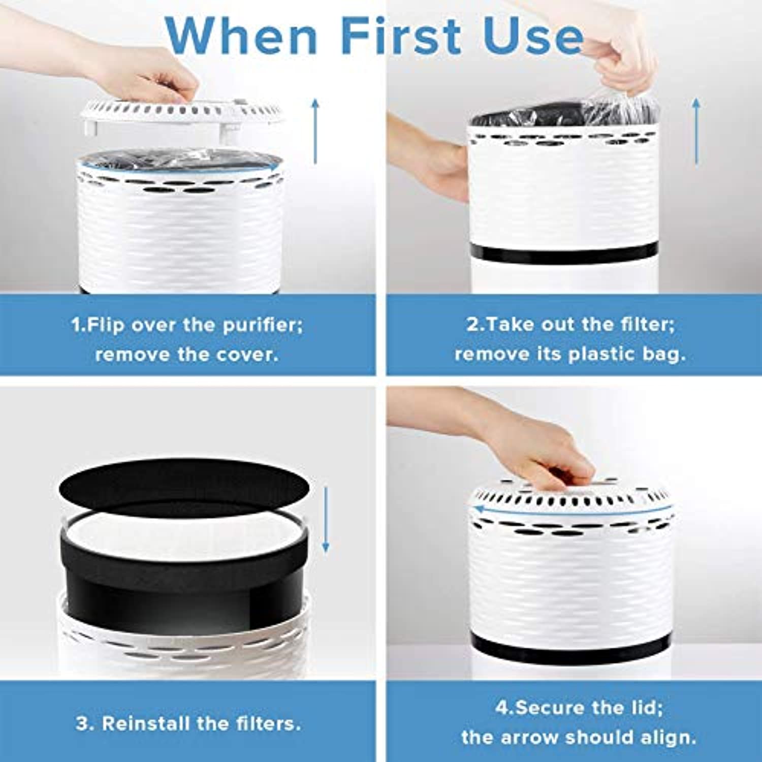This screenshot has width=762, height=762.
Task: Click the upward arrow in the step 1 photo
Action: [315, 131]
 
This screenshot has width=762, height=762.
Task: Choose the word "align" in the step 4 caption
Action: [668, 737]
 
